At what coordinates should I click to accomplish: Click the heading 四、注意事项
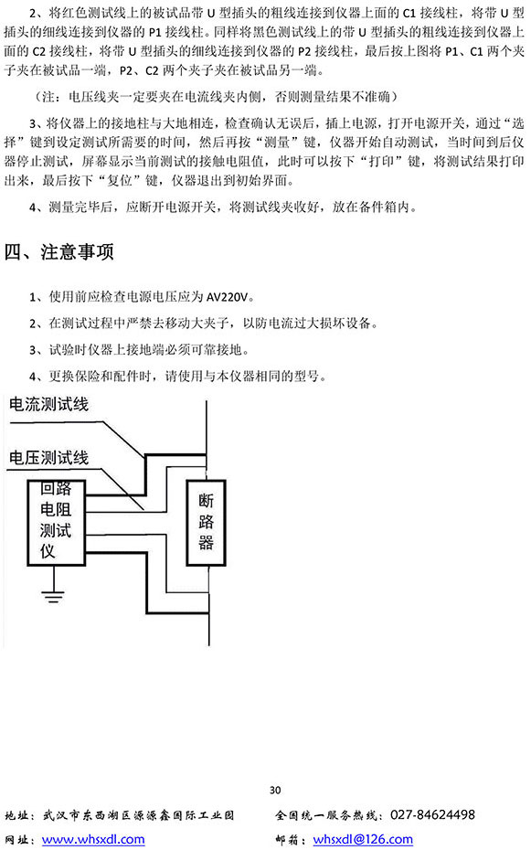(x=59, y=252)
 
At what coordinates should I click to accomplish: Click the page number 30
(x=275, y=790)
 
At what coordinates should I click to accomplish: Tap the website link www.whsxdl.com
(x=93, y=839)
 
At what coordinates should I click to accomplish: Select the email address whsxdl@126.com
(x=363, y=839)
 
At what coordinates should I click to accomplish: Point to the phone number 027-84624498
(x=432, y=814)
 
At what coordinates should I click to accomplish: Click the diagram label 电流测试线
(x=48, y=404)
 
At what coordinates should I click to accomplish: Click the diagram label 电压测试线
(x=48, y=458)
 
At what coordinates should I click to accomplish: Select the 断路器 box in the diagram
(x=206, y=523)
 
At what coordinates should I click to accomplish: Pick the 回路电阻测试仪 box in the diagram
(x=57, y=523)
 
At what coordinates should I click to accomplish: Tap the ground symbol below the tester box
(x=53, y=595)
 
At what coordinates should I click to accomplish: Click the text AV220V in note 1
(x=228, y=296)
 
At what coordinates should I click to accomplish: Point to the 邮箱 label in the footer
(x=288, y=840)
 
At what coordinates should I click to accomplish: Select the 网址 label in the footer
(x=17, y=840)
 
